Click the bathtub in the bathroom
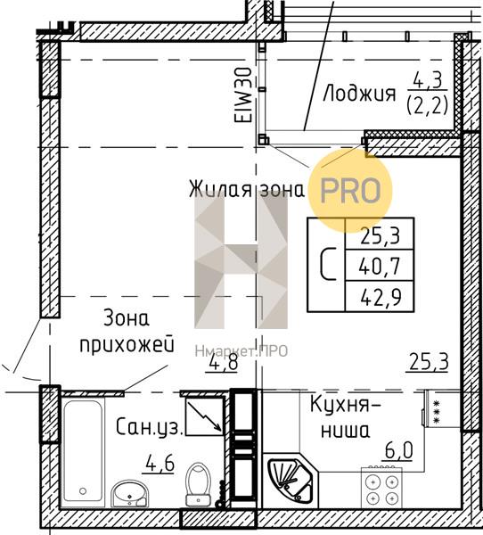[83, 451]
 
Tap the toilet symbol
[198, 484]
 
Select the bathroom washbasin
[130, 493]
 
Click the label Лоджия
[359, 94]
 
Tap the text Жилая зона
[247, 189]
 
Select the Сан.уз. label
[150, 426]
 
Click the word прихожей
[127, 346]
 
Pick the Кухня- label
[345, 405]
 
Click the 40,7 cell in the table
[380, 266]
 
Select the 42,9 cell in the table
[380, 297]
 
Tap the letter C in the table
[328, 265]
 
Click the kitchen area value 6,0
[398, 450]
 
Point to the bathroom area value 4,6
[160, 464]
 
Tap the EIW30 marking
[243, 95]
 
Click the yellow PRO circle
[350, 191]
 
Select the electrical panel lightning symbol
[204, 416]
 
